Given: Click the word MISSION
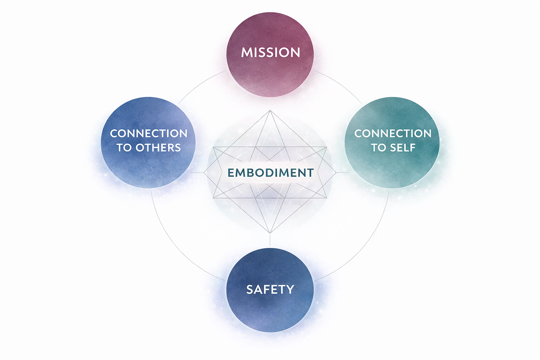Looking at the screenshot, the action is tap(270, 53).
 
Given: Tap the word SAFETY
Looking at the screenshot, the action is tap(270, 289).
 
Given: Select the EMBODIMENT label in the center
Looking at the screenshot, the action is tap(270, 173).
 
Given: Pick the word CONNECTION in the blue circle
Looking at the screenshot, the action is tap(149, 134).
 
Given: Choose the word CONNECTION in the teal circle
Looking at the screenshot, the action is tap(393, 134).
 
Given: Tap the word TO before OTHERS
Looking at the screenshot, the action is tap(124, 148).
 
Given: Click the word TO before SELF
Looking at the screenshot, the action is tap(378, 148).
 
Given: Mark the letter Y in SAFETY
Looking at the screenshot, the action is tap(290, 289).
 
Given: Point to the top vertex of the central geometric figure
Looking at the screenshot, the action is tap(270, 110).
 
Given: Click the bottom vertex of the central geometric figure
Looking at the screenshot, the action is tap(270, 233).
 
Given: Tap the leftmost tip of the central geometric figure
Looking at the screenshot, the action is tap(204, 173).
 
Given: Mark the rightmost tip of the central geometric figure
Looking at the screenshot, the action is tap(336, 173).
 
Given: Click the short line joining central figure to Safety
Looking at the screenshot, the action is tap(270, 240).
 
